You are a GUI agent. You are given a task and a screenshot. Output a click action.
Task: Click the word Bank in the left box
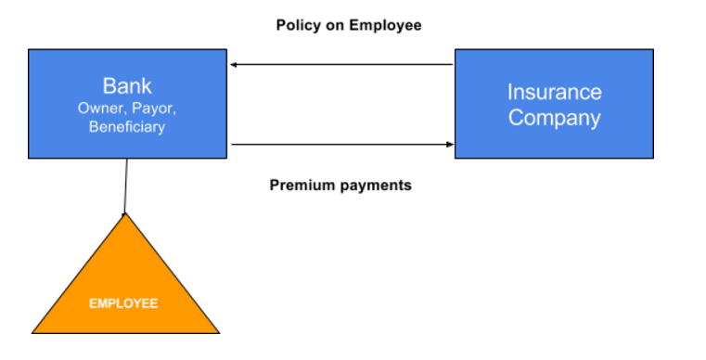point(127,85)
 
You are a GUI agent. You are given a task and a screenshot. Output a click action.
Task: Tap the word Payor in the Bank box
point(153,109)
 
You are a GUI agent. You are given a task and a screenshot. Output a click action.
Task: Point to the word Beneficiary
point(127,126)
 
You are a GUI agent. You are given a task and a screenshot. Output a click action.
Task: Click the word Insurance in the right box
point(554,93)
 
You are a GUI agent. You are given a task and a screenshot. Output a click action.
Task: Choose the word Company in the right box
point(554,118)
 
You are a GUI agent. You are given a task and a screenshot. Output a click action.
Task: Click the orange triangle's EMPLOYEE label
point(123,303)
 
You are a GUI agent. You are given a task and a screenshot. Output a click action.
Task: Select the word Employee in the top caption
point(385,25)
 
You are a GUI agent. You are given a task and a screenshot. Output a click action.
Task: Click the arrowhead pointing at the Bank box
point(234,65)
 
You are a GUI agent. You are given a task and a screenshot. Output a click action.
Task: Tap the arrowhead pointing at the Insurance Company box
point(450,145)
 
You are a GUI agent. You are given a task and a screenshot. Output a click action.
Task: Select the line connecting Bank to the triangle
point(125,186)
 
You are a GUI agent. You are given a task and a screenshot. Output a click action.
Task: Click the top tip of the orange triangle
point(125,213)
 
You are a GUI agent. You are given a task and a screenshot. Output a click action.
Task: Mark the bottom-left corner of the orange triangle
point(32,333)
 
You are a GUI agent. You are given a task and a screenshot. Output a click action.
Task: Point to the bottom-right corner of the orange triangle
point(220,333)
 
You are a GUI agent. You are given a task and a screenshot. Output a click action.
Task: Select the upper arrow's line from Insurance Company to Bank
point(341,65)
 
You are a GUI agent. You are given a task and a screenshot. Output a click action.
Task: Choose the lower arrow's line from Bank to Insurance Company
point(342,145)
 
